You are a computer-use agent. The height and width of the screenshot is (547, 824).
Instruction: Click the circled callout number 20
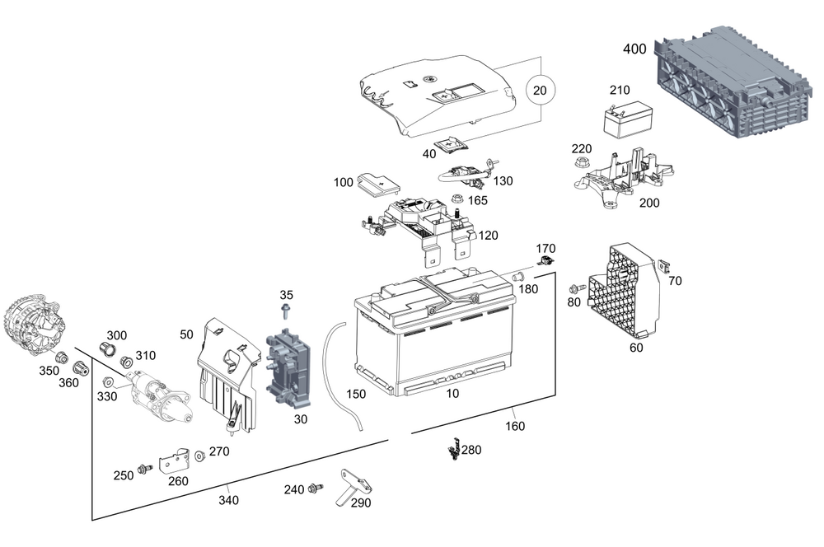point(541,90)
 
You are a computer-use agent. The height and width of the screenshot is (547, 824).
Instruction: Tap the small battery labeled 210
point(625,123)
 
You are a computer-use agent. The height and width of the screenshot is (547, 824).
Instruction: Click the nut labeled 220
point(582,162)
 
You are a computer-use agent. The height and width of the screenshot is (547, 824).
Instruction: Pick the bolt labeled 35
point(286,312)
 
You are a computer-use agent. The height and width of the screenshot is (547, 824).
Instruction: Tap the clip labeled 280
point(452,450)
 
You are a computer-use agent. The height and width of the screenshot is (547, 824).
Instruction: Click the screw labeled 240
point(314,489)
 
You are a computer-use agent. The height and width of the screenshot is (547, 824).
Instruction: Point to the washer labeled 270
point(199,456)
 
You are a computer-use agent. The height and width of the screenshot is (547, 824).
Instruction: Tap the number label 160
point(514,426)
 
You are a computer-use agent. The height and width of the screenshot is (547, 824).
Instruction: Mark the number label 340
point(228,499)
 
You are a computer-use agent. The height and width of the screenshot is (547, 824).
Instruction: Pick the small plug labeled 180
point(519,275)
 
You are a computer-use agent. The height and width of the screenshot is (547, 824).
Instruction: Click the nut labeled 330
point(107,383)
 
